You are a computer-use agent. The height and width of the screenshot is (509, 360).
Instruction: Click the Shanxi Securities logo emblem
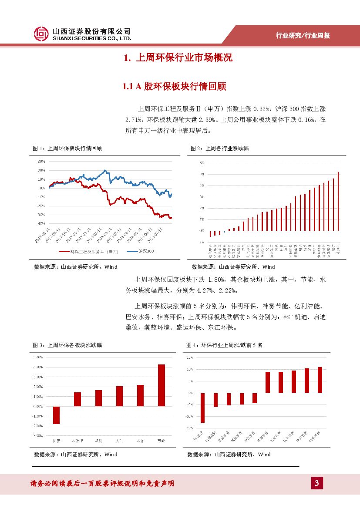click(x=42, y=34)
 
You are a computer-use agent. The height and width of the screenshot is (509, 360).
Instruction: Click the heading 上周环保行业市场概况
click(x=178, y=58)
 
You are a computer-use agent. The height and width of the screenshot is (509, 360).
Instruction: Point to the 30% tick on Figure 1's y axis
click(x=41, y=161)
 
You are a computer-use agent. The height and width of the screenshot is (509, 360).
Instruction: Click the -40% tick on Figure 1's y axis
click(x=41, y=224)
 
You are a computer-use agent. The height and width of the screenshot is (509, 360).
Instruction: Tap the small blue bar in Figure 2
click(x=224, y=232)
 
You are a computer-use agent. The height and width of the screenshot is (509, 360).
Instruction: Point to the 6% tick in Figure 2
click(x=202, y=163)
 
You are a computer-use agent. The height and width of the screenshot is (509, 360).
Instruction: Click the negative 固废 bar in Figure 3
click(x=56, y=415)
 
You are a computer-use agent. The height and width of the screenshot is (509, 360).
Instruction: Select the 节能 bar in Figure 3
click(x=161, y=385)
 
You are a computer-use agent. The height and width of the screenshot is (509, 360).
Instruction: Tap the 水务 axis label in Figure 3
click(x=140, y=441)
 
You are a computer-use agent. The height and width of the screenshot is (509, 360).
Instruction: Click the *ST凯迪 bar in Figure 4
click(x=202, y=408)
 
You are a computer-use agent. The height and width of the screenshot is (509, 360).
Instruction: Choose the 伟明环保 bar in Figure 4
click(x=320, y=380)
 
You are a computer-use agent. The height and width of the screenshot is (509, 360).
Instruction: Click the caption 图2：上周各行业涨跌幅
click(x=220, y=148)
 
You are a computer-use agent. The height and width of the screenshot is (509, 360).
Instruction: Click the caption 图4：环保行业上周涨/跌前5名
click(x=225, y=345)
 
